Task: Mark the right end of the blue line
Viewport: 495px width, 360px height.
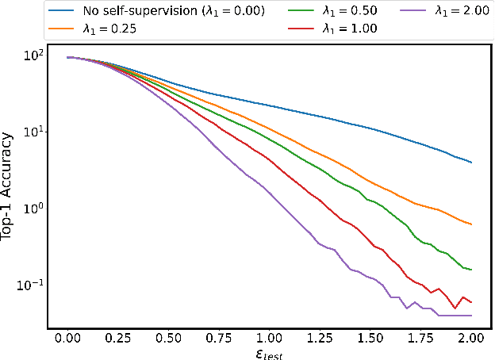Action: (472, 163)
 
